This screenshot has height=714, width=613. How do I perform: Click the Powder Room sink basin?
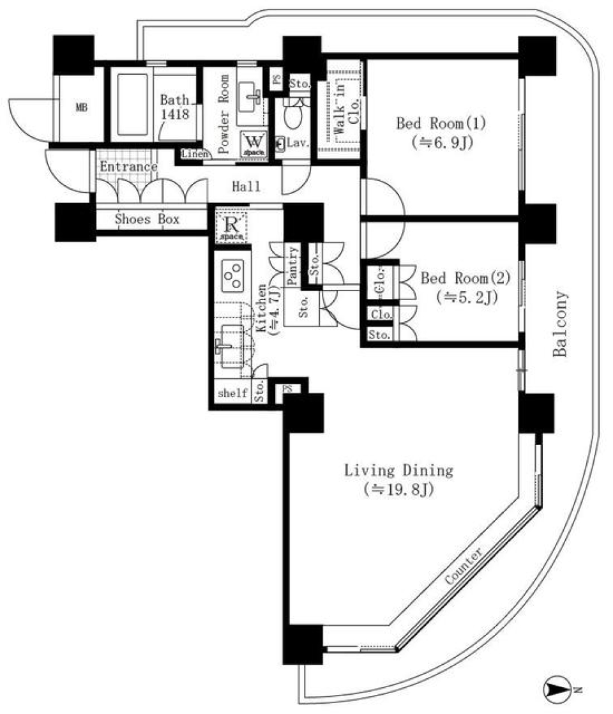pyautogui.click(x=251, y=96)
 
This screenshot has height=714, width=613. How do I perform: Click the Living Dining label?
pyautogui.click(x=398, y=480)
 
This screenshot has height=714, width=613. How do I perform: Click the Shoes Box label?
pyautogui.click(x=147, y=219)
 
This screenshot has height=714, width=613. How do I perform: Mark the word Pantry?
pyautogui.click(x=293, y=266)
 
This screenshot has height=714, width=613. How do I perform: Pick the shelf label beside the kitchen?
pyautogui.click(x=232, y=393)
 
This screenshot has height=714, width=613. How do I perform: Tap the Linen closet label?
pyautogui.click(x=192, y=154)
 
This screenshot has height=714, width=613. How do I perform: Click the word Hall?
pyautogui.click(x=246, y=186)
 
